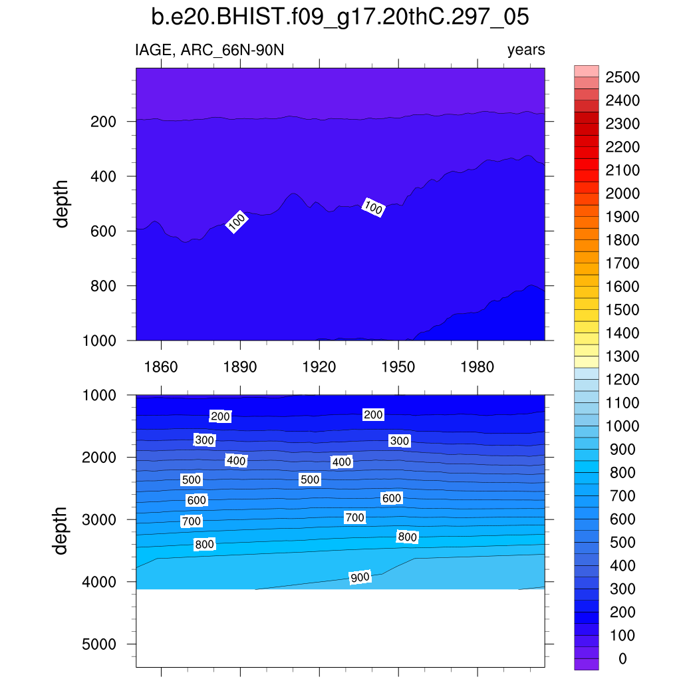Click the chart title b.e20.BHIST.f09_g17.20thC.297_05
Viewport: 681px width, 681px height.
point(340,17)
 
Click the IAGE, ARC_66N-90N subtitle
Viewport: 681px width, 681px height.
point(209,50)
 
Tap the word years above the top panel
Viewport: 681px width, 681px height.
point(526,50)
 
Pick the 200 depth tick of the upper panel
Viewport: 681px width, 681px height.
point(104,122)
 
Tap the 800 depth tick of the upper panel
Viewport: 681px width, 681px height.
point(104,286)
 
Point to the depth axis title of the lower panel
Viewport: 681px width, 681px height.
point(62,530)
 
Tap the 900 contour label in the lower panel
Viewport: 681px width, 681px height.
point(360,577)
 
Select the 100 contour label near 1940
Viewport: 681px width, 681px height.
point(373,207)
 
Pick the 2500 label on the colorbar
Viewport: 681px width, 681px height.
point(622,78)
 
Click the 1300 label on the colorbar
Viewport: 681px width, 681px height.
point(622,356)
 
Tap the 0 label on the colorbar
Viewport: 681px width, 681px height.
point(622,659)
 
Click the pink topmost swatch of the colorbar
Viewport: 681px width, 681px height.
point(586,71)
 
